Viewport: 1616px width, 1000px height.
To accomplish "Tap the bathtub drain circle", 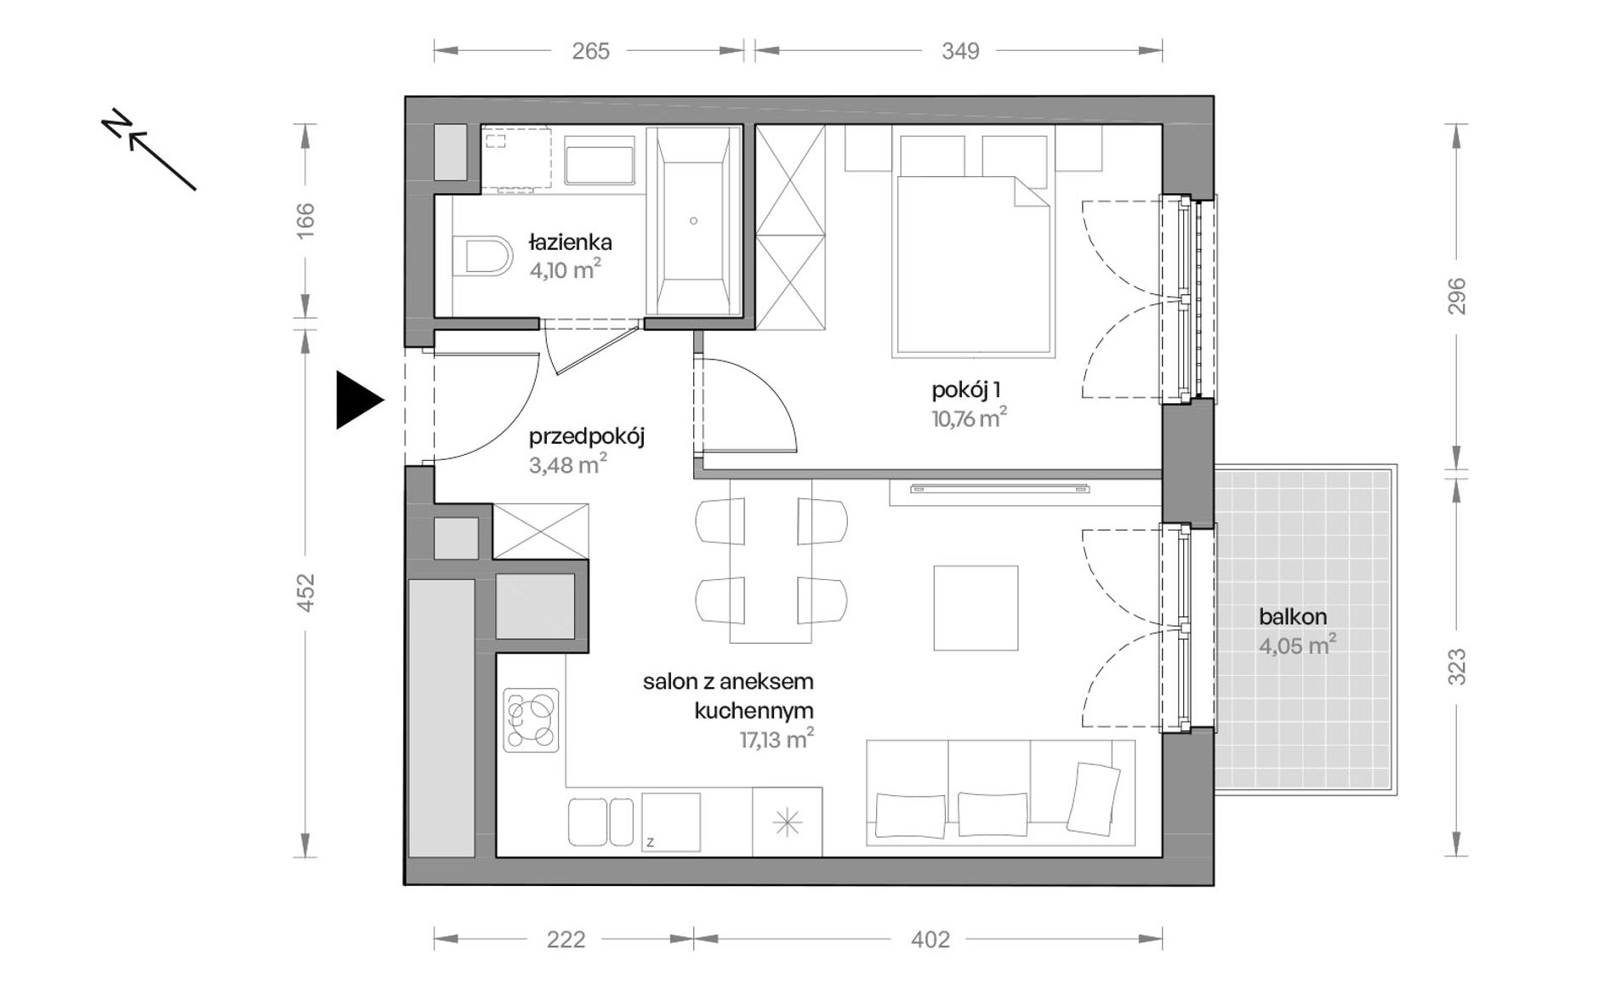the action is pos(694,221).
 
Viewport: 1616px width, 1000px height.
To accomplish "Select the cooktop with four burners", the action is pos(532,720).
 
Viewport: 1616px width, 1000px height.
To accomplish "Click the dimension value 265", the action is pos(590,51).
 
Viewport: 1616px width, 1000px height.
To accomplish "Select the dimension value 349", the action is pos(960,51).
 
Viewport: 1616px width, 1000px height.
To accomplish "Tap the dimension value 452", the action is pos(305,593).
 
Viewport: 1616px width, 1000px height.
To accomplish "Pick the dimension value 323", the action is pos(1457,667).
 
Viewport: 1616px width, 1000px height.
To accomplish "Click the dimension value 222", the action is pos(566,940).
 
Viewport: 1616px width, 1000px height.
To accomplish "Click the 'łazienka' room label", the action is pos(570,242).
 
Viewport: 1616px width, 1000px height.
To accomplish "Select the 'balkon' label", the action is pos(1293,617).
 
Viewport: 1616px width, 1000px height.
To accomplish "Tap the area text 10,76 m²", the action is pos(969,418).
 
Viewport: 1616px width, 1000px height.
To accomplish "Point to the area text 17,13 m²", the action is pos(776,739).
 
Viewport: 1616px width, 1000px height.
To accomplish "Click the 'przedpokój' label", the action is pos(587,437).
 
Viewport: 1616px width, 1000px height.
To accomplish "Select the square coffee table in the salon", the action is pos(976,608).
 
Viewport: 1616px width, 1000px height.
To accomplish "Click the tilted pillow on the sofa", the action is pos(1093,798).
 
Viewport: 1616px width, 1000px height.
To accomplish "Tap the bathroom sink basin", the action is pos(600,165).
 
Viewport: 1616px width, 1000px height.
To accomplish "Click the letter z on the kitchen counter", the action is pos(650,843).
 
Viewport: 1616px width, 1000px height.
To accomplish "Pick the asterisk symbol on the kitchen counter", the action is pos(787,822).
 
